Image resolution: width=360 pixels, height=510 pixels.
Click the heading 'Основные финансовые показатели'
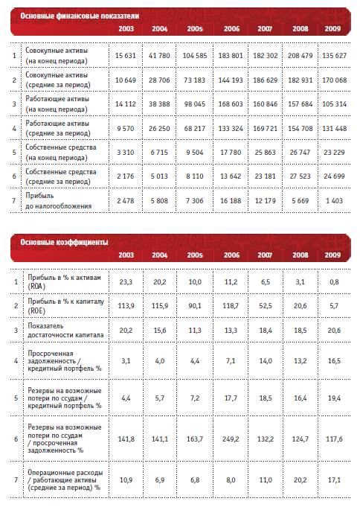[80, 16]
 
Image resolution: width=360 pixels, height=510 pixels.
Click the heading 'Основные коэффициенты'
[64, 242]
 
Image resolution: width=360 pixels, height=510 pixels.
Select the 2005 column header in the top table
[195, 28]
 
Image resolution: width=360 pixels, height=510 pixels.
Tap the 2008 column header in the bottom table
[300, 255]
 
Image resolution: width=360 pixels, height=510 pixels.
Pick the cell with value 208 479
[300, 56]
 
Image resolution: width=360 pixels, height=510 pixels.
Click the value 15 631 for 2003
[126, 56]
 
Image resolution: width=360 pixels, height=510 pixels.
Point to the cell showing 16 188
[231, 201]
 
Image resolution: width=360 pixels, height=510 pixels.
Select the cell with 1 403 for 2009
[334, 201]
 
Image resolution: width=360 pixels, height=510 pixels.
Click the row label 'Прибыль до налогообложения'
[58, 201]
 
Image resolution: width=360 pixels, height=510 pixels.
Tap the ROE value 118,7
[231, 306]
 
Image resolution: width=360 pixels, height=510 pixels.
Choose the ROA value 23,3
[126, 282]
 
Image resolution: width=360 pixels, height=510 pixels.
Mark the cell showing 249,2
[231, 439]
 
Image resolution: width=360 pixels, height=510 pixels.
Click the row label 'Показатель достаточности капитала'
[65, 330]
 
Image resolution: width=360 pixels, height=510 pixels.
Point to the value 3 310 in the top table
[126, 152]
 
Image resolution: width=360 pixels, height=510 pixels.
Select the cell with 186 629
[265, 80]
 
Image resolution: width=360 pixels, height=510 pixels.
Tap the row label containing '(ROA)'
[64, 282]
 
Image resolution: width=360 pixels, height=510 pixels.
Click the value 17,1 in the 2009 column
[334, 480]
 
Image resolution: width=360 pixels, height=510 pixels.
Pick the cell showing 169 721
[265, 129]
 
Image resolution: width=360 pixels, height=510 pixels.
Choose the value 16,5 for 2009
[334, 361]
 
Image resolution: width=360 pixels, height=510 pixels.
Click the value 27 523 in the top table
[300, 176]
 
